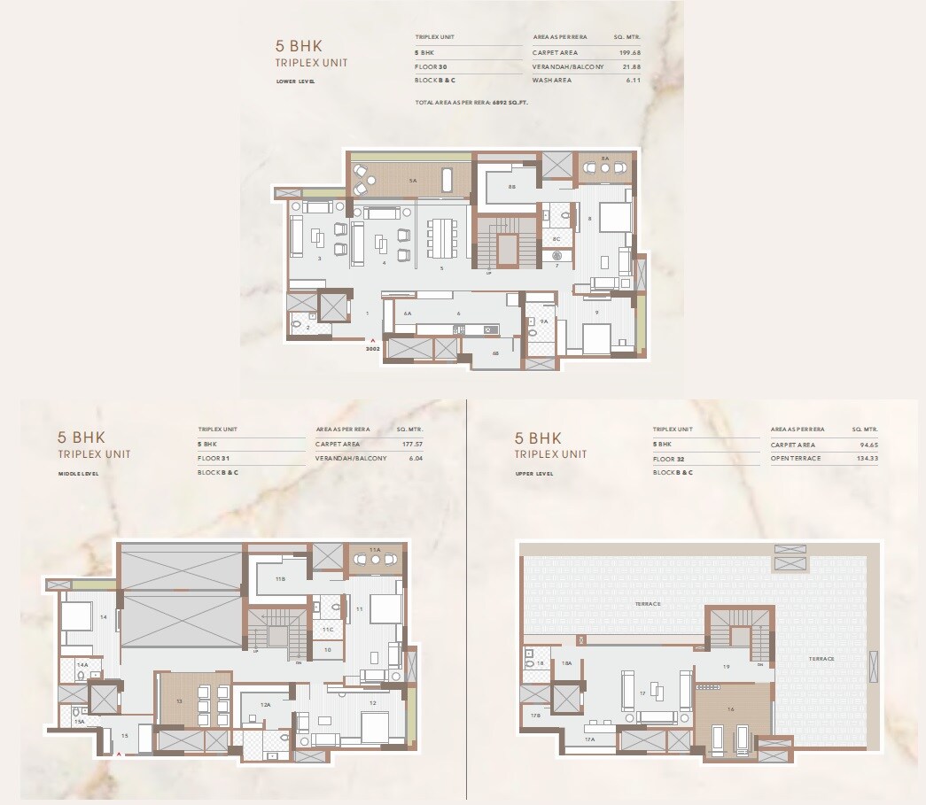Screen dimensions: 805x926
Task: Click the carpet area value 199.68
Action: (x=628, y=52)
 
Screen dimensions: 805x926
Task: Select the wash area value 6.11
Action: (x=634, y=81)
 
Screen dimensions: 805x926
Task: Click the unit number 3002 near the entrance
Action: (x=372, y=350)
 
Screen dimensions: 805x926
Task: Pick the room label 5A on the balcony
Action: (x=412, y=181)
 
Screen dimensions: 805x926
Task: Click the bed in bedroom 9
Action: (x=595, y=337)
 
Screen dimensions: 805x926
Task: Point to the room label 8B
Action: (x=512, y=188)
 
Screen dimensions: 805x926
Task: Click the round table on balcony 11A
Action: (x=374, y=559)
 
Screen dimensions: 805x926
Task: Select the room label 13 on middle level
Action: (x=179, y=700)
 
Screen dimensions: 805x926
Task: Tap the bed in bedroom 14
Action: (x=75, y=615)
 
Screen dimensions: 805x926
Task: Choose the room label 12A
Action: (x=265, y=705)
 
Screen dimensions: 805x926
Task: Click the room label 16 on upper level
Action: (x=731, y=709)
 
